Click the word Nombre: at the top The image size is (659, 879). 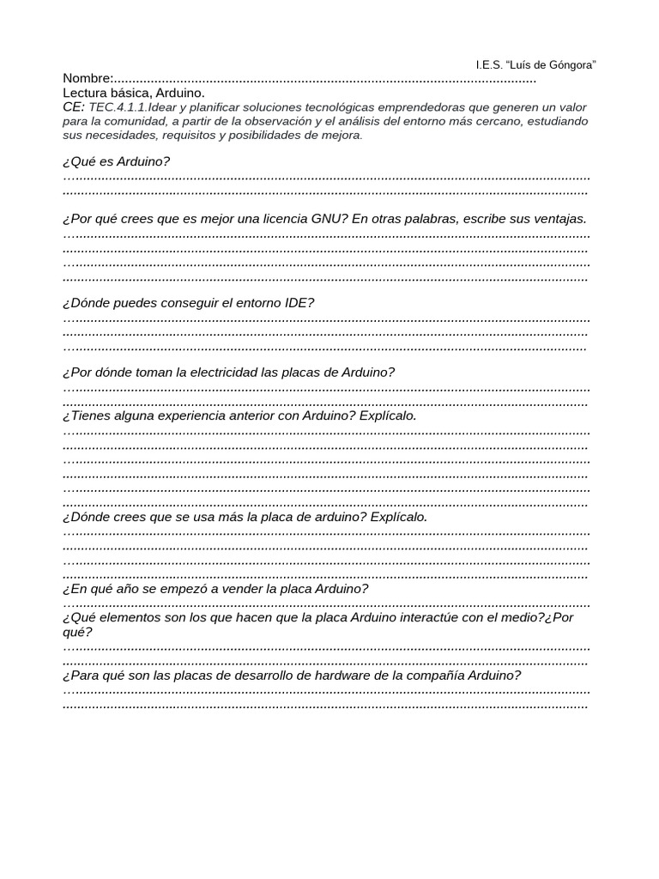click(x=88, y=79)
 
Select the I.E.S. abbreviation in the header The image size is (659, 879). click(x=489, y=65)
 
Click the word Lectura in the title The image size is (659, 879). click(x=85, y=93)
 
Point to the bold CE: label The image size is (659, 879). click(x=74, y=107)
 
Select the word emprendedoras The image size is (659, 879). click(x=403, y=107)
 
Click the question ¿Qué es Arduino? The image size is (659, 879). click(x=116, y=161)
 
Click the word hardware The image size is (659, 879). click(x=327, y=676)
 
